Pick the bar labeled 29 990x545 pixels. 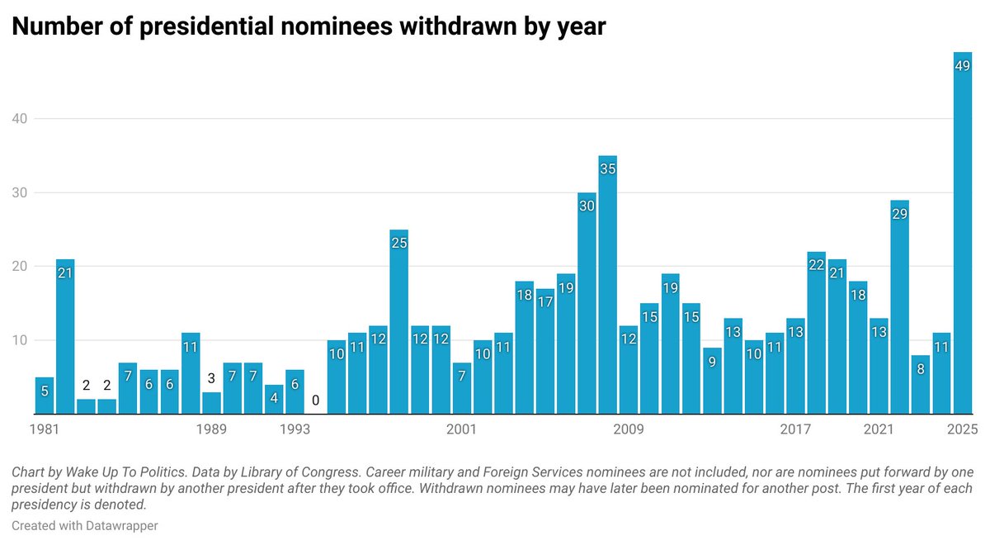click(x=899, y=306)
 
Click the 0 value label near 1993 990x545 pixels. click(x=315, y=401)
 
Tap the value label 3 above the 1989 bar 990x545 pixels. click(x=211, y=379)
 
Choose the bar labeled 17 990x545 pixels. click(x=544, y=350)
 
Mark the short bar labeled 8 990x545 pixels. click(x=921, y=384)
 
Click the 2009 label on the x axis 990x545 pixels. click(x=629, y=429)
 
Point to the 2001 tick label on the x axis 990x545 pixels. click(x=462, y=429)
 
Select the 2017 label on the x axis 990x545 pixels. click(x=795, y=429)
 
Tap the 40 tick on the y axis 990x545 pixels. click(x=20, y=119)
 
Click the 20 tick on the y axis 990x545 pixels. click(x=20, y=267)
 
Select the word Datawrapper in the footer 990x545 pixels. click(x=120, y=525)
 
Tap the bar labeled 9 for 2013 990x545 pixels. click(x=712, y=381)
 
